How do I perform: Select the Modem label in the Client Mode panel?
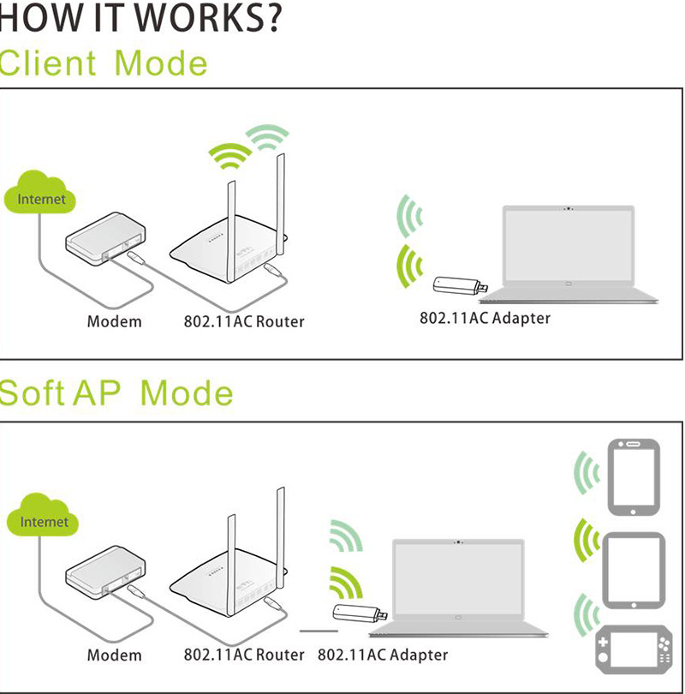pos(114,322)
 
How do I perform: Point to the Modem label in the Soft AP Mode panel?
pos(114,655)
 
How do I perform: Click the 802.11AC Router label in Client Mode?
pos(244,322)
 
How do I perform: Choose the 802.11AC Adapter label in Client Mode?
pos(485,318)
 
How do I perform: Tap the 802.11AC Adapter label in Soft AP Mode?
pos(383,655)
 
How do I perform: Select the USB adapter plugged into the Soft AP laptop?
pos(360,613)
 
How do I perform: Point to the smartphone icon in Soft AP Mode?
pos(634,477)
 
